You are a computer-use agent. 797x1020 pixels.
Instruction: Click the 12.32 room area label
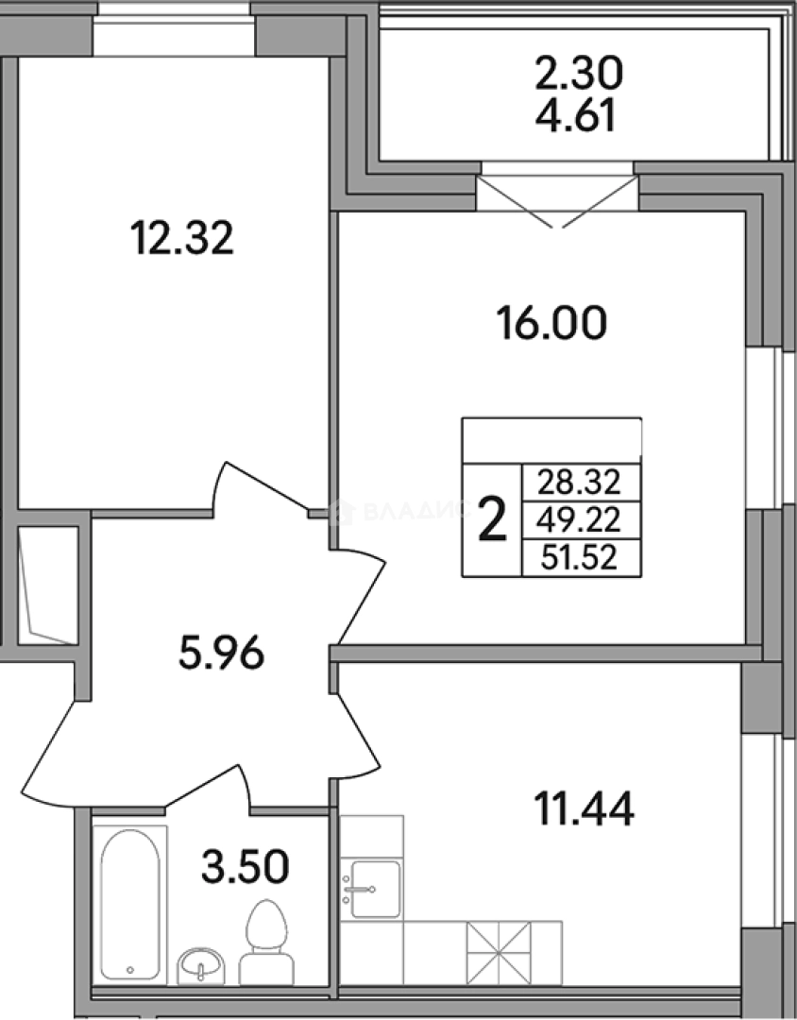click(181, 238)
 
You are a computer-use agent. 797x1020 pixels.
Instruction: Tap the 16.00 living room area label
click(551, 323)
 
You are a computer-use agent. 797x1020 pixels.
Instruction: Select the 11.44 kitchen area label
click(584, 809)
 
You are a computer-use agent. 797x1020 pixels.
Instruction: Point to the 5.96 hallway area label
click(221, 654)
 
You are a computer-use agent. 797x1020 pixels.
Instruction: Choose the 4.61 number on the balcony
click(575, 116)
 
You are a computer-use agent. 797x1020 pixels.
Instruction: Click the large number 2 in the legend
click(493, 520)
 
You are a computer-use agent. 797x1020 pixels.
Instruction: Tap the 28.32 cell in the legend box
click(579, 483)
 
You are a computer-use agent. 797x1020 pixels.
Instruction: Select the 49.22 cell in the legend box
click(579, 520)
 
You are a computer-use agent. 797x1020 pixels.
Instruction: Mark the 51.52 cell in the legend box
click(579, 558)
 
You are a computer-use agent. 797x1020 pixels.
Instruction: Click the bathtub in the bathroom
click(130, 904)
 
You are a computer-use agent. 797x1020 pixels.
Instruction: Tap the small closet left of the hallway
click(48, 586)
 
